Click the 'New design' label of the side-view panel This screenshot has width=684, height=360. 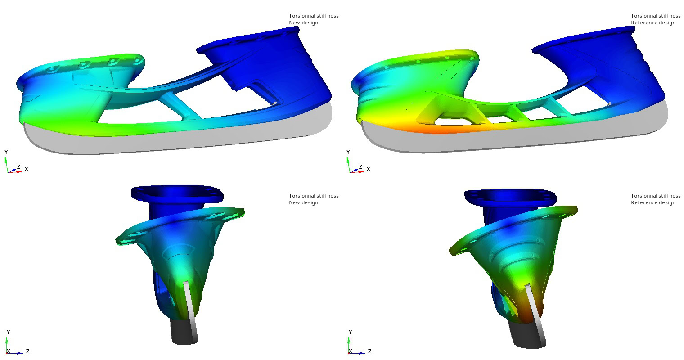pyautogui.click(x=303, y=22)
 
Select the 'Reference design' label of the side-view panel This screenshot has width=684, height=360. pyautogui.click(x=653, y=22)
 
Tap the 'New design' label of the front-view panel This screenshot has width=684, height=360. pyautogui.click(x=303, y=202)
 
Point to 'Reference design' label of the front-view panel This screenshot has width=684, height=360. pyautogui.click(x=653, y=202)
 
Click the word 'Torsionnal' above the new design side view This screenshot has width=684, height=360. pyautogui.click(x=301, y=16)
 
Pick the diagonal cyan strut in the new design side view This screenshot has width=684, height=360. pyautogui.click(x=180, y=105)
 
